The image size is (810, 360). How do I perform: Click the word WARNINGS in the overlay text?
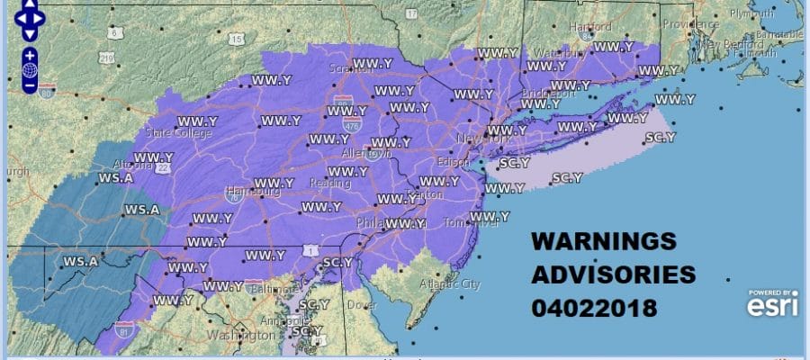click(603, 242)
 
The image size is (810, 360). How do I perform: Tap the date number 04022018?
click(595, 308)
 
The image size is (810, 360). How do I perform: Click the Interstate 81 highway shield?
click(122, 334)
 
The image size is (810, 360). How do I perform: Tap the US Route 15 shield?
click(235, 38)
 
